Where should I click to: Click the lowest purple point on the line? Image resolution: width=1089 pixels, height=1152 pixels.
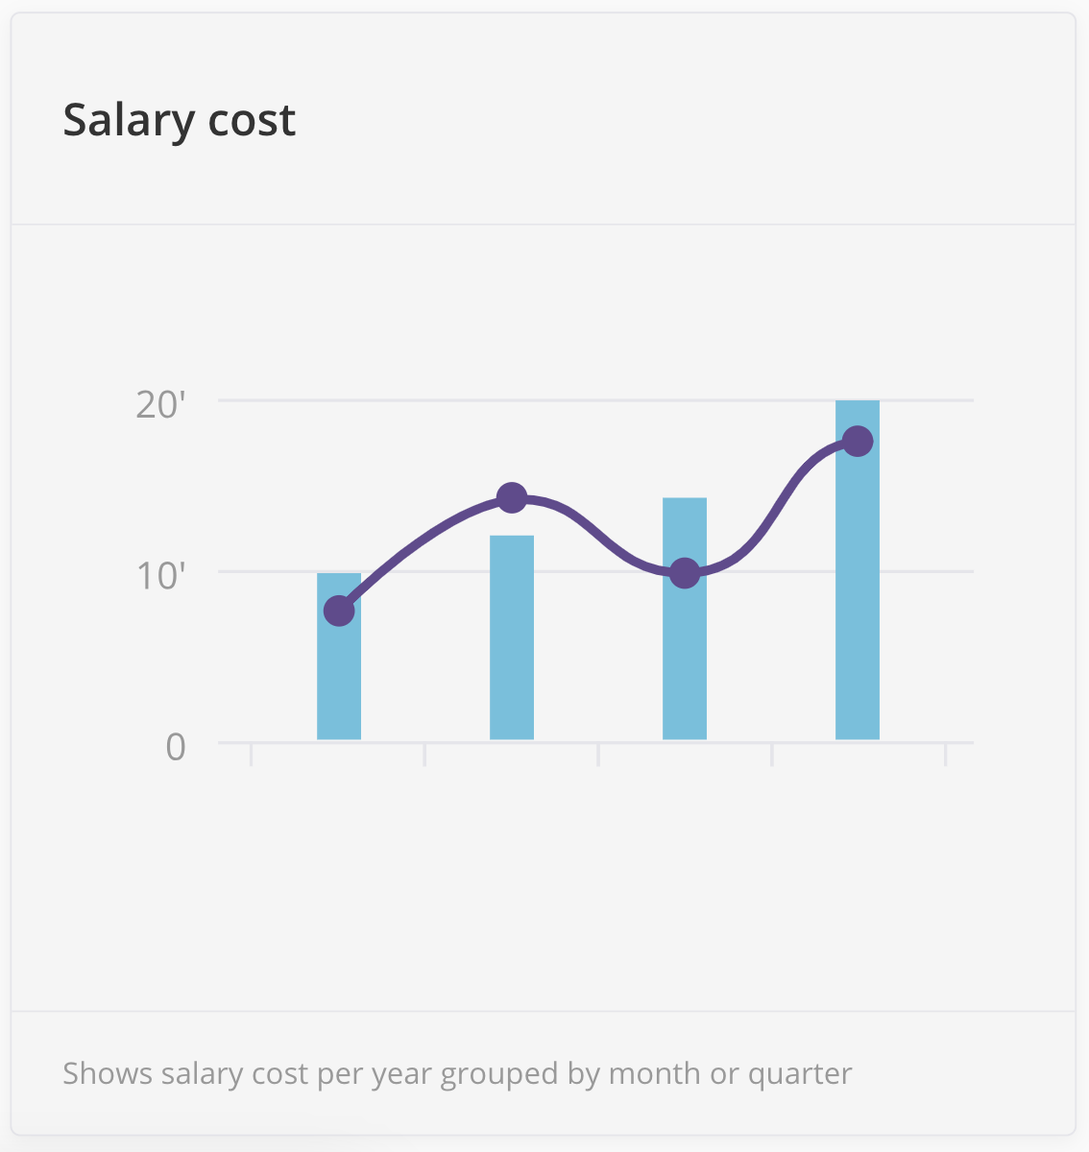339,611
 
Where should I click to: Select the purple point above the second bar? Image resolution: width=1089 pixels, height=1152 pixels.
512,497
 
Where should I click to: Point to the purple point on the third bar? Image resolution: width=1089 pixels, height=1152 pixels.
684,574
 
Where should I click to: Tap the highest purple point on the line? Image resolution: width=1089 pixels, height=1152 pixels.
858,442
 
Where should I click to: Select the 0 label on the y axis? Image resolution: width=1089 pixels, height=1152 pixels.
175,747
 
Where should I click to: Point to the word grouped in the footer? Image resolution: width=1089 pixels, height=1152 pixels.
499,1073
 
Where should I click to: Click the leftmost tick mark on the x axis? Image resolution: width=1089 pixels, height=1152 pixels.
252,755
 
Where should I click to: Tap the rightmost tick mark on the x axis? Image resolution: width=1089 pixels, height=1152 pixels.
945,755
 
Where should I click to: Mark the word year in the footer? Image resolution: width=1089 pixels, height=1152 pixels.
400,1073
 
